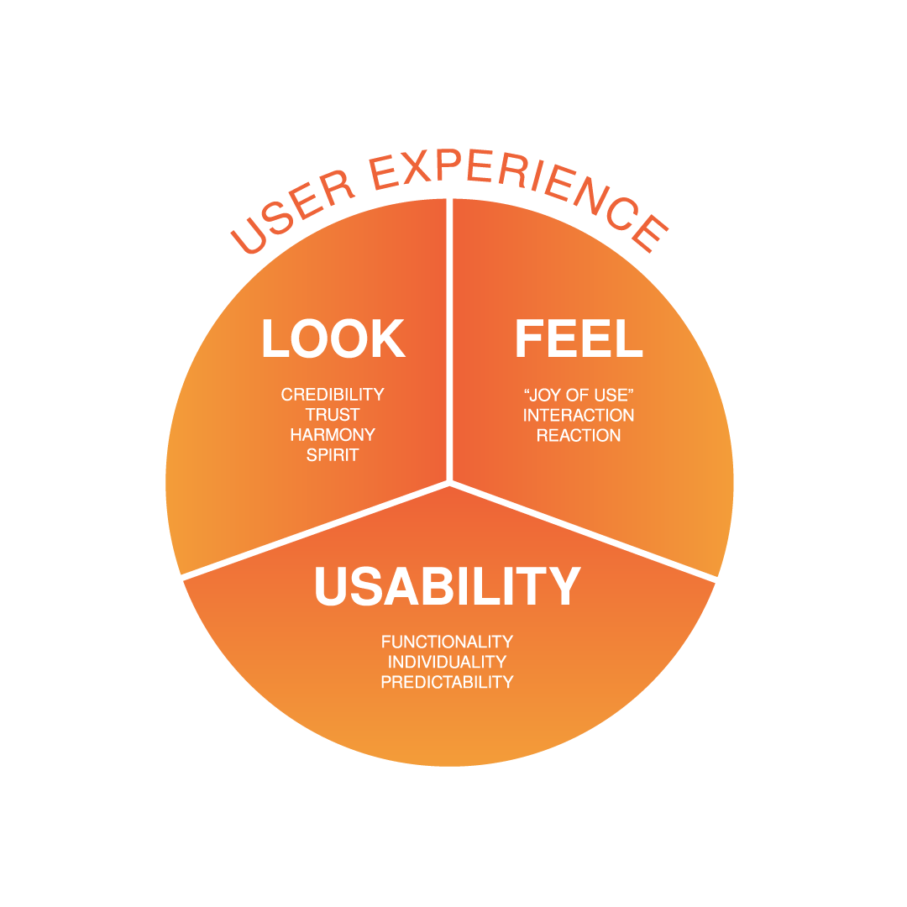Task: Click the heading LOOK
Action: pos(333,339)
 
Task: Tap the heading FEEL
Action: pos(579,339)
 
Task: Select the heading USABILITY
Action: pos(447,586)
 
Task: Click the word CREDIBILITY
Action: pos(333,394)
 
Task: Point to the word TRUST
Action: pos(333,415)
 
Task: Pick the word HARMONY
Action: pos(333,435)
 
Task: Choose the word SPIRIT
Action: pos(333,455)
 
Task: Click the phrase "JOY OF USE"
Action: pos(578,394)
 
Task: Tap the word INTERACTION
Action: pos(578,415)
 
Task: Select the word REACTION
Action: pos(578,435)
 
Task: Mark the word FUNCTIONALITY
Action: pos(447,642)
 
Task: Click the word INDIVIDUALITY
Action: pos(447,662)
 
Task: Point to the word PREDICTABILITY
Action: pos(447,682)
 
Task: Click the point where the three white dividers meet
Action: pos(450,483)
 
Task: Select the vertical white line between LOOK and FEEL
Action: pos(450,336)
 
